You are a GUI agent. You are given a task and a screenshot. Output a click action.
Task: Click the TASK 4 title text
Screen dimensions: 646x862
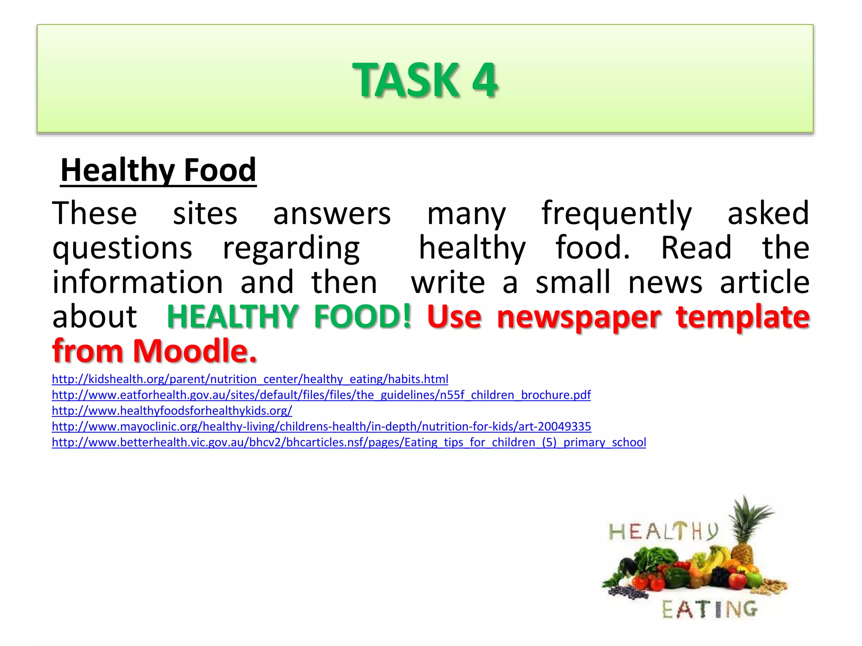(425, 80)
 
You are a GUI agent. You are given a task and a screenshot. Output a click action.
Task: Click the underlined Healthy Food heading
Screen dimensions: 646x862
(158, 170)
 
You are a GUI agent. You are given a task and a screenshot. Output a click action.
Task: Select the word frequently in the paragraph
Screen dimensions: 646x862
(616, 214)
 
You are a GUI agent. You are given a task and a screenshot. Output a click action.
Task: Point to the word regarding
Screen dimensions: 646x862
(291, 248)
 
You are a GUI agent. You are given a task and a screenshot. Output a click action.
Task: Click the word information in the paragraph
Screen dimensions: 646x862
(138, 282)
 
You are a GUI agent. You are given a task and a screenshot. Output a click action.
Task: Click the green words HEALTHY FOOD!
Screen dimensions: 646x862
(289, 316)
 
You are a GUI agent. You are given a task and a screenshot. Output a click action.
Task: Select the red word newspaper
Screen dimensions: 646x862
(579, 317)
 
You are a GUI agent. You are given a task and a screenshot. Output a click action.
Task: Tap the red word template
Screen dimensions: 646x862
(743, 316)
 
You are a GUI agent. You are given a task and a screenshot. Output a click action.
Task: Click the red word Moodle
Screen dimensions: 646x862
(194, 351)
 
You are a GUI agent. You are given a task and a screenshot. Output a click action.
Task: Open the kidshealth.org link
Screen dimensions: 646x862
(250, 379)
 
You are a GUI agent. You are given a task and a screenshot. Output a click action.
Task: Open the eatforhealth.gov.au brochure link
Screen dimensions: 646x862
(321, 395)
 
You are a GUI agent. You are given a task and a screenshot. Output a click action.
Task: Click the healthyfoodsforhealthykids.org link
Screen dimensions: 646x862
(172, 411)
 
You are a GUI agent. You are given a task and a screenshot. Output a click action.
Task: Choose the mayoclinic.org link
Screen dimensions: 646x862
(321, 426)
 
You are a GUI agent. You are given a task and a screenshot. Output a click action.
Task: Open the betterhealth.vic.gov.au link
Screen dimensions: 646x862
(349, 442)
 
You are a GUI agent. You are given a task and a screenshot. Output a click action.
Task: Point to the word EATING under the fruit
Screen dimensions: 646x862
(710, 609)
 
